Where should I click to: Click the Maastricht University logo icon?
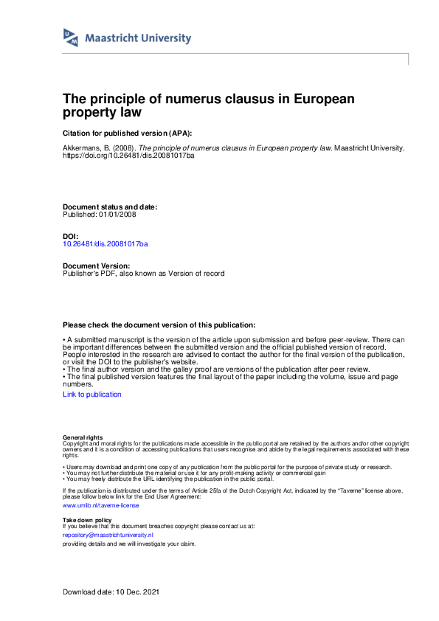coord(71,38)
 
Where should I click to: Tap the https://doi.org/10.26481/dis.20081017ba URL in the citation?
coord(129,156)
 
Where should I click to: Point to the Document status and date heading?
coord(110,207)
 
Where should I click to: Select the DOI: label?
coord(71,236)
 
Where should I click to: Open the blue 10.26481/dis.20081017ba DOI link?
coord(106,243)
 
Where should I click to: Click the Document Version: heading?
coord(97,266)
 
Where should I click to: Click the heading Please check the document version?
coord(159,325)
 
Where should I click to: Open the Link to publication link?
coord(92,395)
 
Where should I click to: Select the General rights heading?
coord(83,437)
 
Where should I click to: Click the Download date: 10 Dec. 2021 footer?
coord(111,592)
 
